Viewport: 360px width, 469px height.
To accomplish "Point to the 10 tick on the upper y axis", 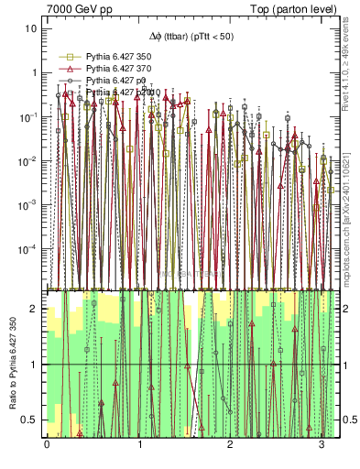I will pyautogui.click(x=32, y=27).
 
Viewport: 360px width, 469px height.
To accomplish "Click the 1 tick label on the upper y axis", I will pyautogui.click(x=35, y=72).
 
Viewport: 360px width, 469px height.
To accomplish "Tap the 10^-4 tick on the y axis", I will pyautogui.click(x=29, y=249).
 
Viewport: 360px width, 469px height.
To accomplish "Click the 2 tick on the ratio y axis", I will pyautogui.click(x=36, y=309).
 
